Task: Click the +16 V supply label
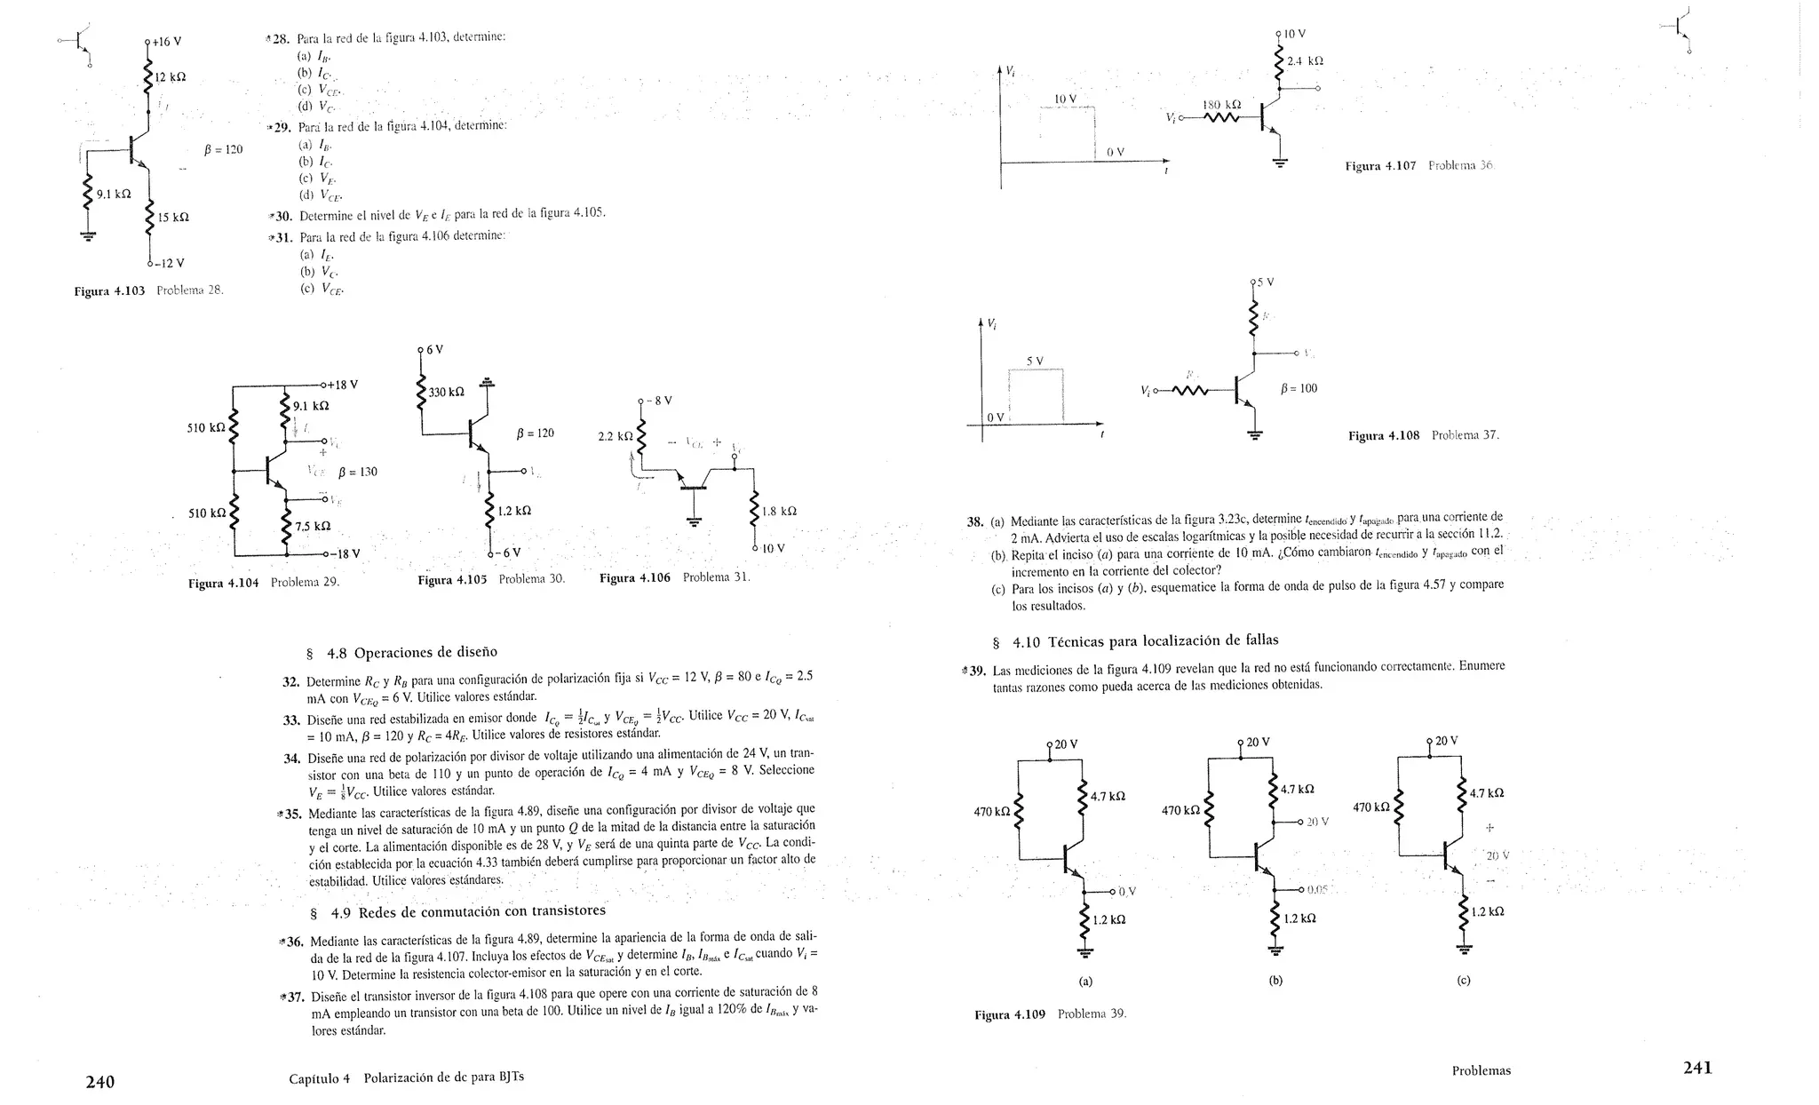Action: click(x=167, y=42)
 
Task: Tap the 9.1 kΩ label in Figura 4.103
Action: click(x=114, y=194)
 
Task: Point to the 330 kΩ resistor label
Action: click(x=447, y=392)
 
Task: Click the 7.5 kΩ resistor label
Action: click(x=313, y=526)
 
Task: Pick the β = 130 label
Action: click(x=358, y=472)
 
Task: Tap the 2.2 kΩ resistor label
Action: click(x=616, y=436)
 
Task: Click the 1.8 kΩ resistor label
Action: click(x=779, y=512)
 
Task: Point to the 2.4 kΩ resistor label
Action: click(x=1305, y=61)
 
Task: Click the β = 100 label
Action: click(x=1299, y=388)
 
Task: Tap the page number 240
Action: click(x=99, y=1081)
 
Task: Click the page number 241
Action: click(x=1697, y=1068)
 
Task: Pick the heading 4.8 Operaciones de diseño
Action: click(x=402, y=653)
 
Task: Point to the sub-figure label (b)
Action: click(x=1275, y=981)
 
